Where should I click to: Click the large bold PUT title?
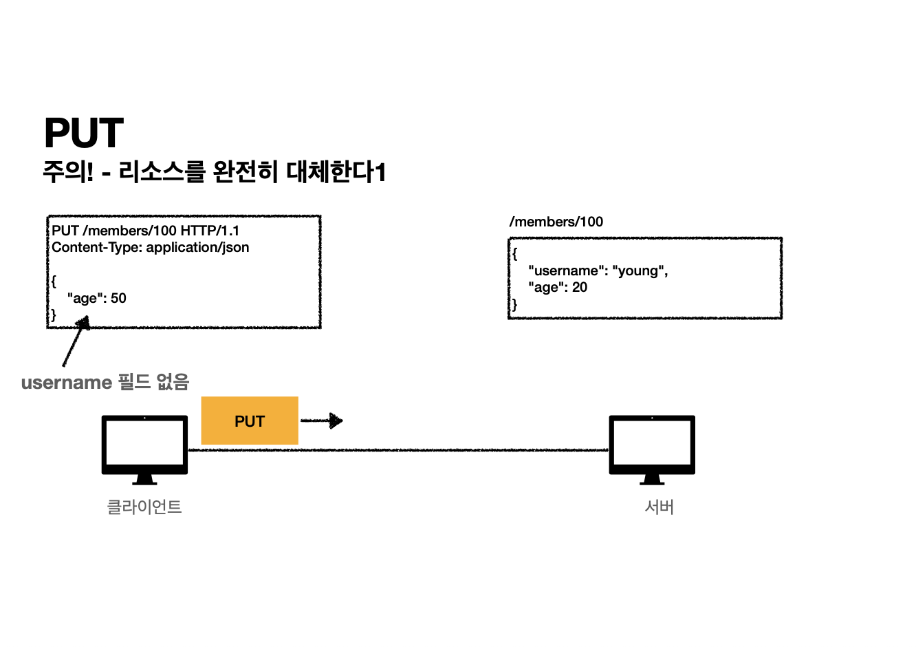[84, 133]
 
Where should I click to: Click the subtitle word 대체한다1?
[336, 171]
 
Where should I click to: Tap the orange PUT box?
[250, 421]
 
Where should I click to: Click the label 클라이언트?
[144, 507]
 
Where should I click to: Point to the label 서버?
[659, 507]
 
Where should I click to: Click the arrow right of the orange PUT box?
[322, 421]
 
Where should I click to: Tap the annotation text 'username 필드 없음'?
[105, 383]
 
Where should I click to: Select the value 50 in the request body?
[118, 298]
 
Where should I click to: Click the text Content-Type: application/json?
[151, 247]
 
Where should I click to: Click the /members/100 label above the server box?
[556, 222]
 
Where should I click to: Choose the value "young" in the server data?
[640, 271]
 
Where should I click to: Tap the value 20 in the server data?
[580, 287]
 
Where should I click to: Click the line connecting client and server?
[399, 450]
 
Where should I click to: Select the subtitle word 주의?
[67, 171]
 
